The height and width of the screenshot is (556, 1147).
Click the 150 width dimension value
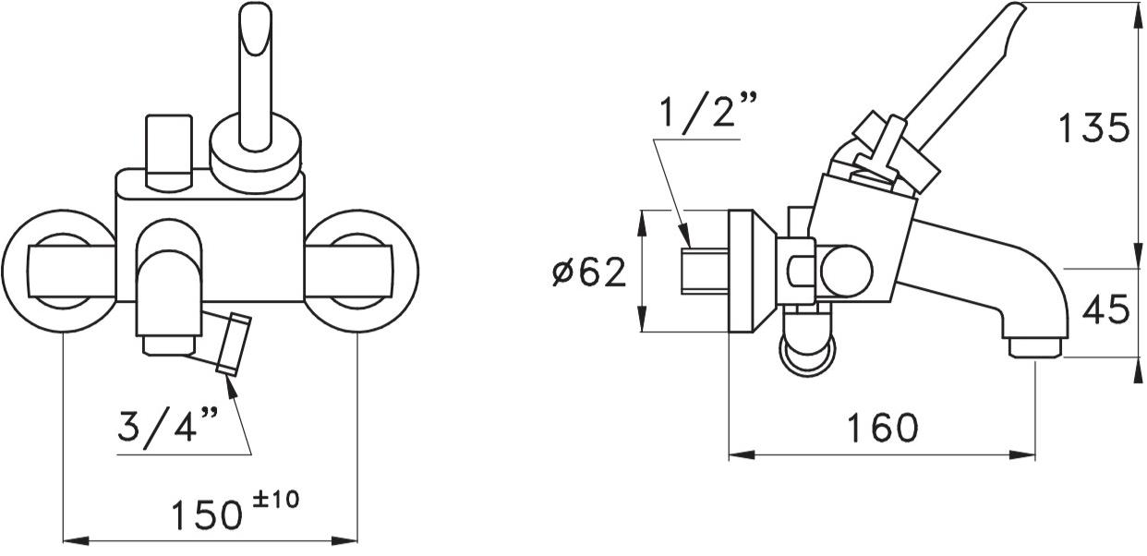point(206,514)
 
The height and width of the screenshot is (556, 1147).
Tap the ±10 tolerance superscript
point(276,499)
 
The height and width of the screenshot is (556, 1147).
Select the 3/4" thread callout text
point(168,425)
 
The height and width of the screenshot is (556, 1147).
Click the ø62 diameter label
point(589,272)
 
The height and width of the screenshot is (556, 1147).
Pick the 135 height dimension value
point(1093,128)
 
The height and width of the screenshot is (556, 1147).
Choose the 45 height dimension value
point(1106,308)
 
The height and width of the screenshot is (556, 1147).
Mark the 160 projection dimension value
point(883,428)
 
